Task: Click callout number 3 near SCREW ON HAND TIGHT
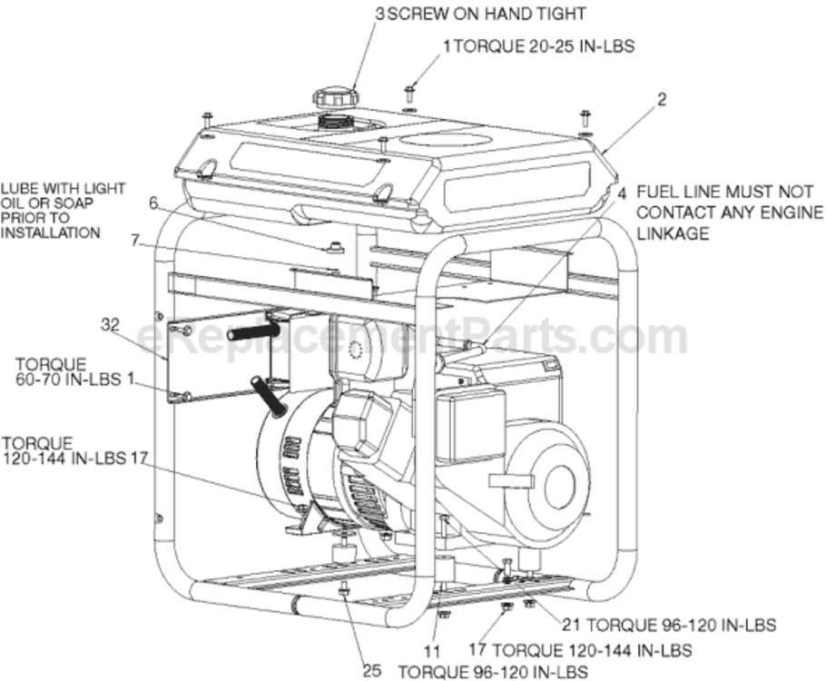pyautogui.click(x=380, y=14)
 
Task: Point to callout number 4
pyautogui.click(x=622, y=192)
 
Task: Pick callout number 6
pyautogui.click(x=153, y=204)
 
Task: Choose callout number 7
pyautogui.click(x=135, y=241)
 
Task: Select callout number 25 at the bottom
pyautogui.click(x=372, y=670)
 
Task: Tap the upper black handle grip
pyautogui.click(x=253, y=331)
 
